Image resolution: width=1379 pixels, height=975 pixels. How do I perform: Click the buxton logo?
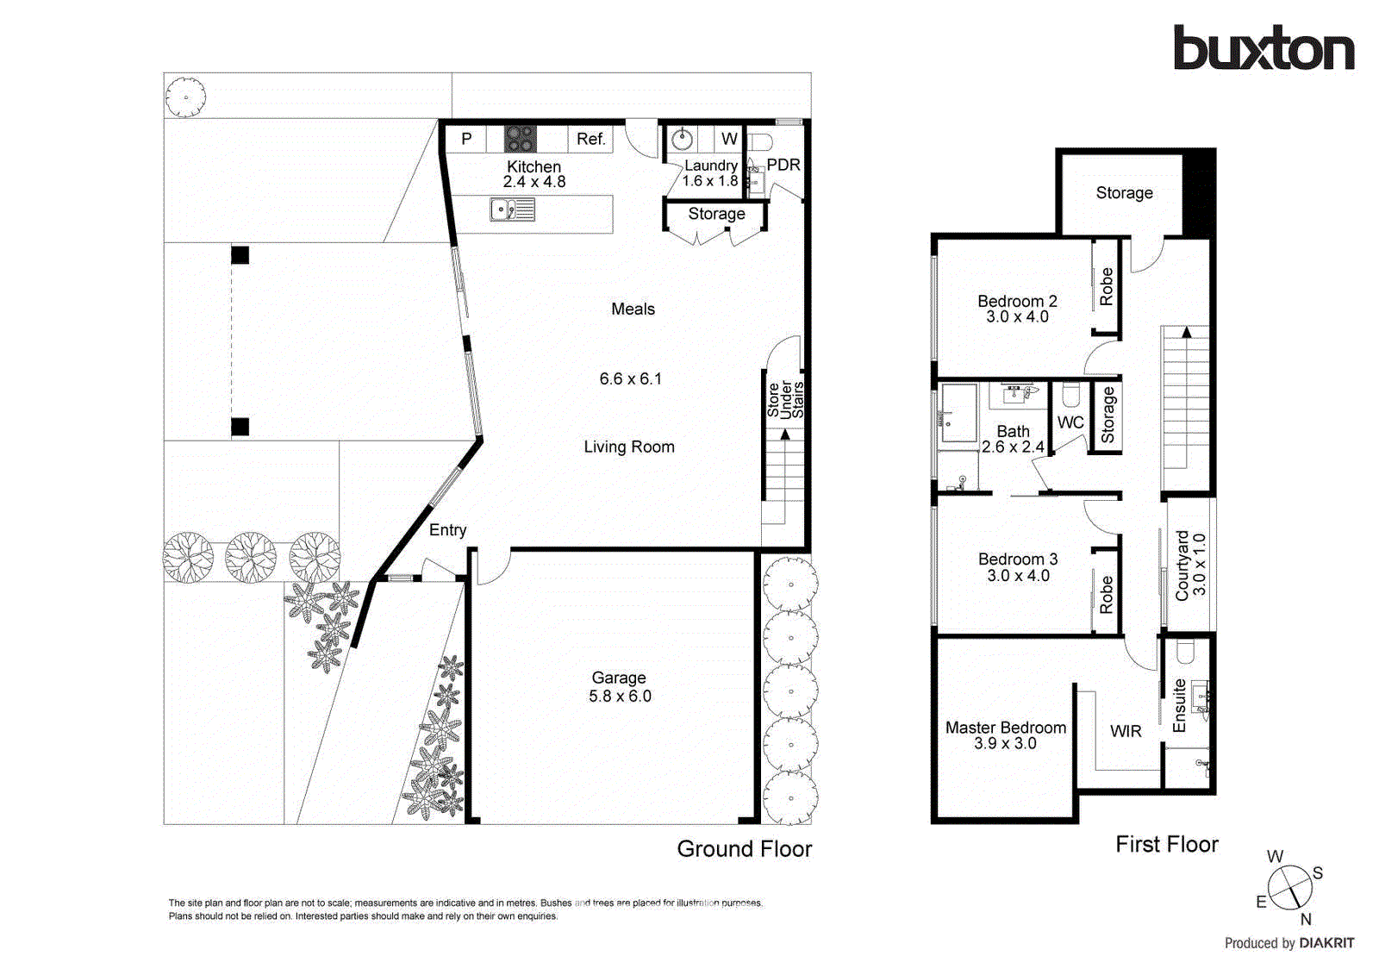click(1264, 48)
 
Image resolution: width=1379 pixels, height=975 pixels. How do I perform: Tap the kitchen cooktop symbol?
click(520, 138)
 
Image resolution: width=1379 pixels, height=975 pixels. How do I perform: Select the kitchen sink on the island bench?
click(513, 209)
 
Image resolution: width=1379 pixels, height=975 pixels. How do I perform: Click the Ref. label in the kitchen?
click(590, 139)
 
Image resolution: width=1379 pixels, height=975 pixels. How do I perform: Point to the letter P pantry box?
click(466, 139)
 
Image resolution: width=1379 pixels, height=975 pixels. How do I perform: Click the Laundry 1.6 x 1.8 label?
click(710, 173)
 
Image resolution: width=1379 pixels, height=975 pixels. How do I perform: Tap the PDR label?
click(783, 165)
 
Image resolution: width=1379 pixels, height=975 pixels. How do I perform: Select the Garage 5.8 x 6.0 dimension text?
click(620, 697)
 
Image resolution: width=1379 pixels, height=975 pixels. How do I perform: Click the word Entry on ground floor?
click(447, 530)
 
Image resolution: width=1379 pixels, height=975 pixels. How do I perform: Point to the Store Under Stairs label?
click(785, 400)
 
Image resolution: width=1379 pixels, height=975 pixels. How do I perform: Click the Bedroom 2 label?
click(1017, 301)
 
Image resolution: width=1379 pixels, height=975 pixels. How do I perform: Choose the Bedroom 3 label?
click(1018, 559)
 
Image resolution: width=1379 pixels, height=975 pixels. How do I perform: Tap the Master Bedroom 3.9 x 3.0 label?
click(1005, 735)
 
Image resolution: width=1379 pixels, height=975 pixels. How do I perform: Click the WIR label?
click(1126, 731)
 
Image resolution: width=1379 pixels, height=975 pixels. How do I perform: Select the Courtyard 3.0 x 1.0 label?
click(1190, 566)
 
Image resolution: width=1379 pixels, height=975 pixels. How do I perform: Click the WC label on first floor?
click(1070, 422)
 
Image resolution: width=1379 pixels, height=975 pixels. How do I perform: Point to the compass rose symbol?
click(1289, 886)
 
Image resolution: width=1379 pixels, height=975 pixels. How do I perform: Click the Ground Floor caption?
click(744, 849)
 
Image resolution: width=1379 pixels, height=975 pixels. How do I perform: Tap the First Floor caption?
click(1166, 844)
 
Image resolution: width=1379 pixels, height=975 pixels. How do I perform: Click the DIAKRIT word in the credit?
click(1326, 943)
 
